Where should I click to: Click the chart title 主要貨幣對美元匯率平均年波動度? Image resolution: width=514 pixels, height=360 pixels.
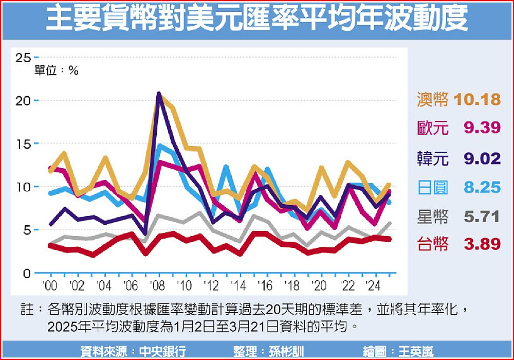(257, 20)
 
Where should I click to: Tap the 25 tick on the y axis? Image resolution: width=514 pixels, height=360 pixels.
(23, 57)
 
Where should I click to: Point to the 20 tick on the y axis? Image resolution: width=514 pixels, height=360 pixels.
(23, 100)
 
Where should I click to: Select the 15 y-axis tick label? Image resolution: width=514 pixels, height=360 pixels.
(23, 143)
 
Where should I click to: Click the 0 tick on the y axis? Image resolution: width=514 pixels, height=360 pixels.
(27, 273)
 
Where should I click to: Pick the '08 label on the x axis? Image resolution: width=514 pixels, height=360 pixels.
(158, 286)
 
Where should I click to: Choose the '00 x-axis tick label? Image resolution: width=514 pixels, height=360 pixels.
(50, 286)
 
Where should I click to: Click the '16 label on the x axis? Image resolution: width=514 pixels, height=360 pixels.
(265, 286)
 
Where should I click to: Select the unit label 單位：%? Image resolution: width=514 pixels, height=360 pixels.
(56, 71)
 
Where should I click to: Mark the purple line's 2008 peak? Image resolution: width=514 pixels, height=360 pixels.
(159, 94)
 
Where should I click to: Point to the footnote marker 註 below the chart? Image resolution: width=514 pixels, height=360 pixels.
(27, 310)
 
